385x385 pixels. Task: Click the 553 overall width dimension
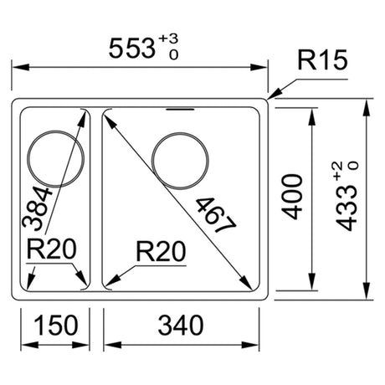click(x=131, y=49)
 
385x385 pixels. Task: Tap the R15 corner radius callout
click(x=323, y=59)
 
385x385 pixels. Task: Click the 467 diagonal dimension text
click(x=215, y=214)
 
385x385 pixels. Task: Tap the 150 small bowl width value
click(x=55, y=325)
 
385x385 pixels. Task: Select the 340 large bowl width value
click(x=181, y=325)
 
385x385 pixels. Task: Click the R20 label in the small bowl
click(x=51, y=249)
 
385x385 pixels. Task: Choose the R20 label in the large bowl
click(x=161, y=252)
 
